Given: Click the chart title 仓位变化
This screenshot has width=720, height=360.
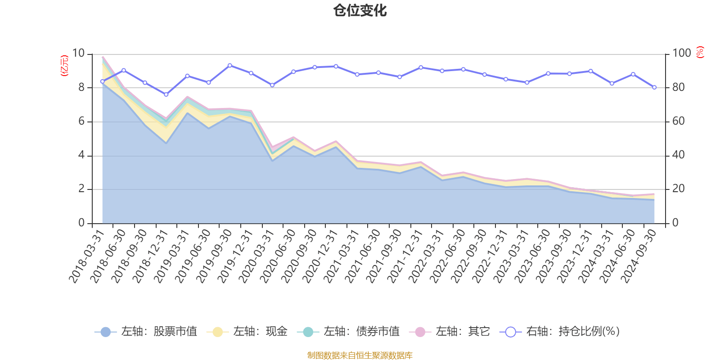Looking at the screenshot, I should click(x=360, y=10).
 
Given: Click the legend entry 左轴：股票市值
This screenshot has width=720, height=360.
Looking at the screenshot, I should click(x=146, y=332).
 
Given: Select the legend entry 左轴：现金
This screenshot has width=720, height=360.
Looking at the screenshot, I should click(x=247, y=332).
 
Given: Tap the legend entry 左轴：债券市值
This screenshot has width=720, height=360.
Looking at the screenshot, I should click(x=348, y=332).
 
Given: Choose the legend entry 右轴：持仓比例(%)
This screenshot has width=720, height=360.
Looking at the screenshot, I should click(x=560, y=332).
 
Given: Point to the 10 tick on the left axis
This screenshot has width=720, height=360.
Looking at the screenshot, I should click(x=78, y=54).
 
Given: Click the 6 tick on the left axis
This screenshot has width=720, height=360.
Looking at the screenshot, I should click(x=81, y=121).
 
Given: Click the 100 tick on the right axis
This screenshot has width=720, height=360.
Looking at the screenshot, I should click(x=681, y=54).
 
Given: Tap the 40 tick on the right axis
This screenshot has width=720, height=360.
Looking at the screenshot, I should click(x=679, y=155).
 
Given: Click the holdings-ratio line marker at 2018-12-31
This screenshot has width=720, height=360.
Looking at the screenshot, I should click(x=166, y=94).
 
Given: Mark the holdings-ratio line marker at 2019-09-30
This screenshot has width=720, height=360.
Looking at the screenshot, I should click(x=229, y=65).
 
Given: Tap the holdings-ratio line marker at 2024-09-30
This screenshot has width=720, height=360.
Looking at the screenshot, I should click(x=654, y=87).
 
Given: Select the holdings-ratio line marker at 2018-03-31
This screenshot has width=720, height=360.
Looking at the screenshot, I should click(x=102, y=81).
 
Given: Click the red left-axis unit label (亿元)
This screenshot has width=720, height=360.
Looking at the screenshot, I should click(x=64, y=66).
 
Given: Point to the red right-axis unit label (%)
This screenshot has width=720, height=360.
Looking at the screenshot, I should click(x=700, y=52).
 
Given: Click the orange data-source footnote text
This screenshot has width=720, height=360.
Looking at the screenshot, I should click(x=360, y=355).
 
